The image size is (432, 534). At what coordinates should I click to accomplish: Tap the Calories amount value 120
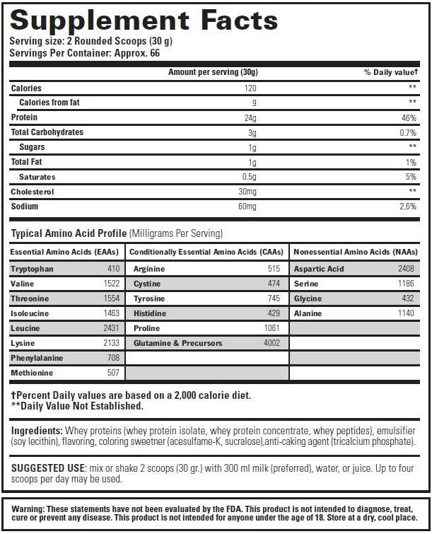click(250, 88)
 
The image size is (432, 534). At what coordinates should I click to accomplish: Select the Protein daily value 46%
click(409, 117)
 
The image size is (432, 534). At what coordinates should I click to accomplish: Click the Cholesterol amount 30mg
click(247, 192)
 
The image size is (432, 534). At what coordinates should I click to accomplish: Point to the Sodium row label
click(24, 207)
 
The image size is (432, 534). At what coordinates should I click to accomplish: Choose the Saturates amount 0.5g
click(248, 177)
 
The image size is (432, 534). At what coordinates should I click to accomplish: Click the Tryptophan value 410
click(113, 269)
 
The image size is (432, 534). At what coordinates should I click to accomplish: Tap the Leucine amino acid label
click(25, 328)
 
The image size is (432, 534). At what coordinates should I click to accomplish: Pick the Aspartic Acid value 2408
click(405, 269)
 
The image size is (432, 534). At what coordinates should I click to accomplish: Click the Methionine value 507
click(113, 373)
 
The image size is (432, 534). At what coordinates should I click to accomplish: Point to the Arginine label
click(148, 269)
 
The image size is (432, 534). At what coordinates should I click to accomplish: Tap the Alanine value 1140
click(407, 313)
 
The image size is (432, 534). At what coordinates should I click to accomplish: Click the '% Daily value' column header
click(390, 72)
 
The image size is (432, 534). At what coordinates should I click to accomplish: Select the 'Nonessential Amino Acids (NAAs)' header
click(355, 251)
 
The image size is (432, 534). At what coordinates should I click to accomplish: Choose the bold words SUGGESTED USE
click(47, 468)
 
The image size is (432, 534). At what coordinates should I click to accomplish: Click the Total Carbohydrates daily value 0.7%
click(407, 132)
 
